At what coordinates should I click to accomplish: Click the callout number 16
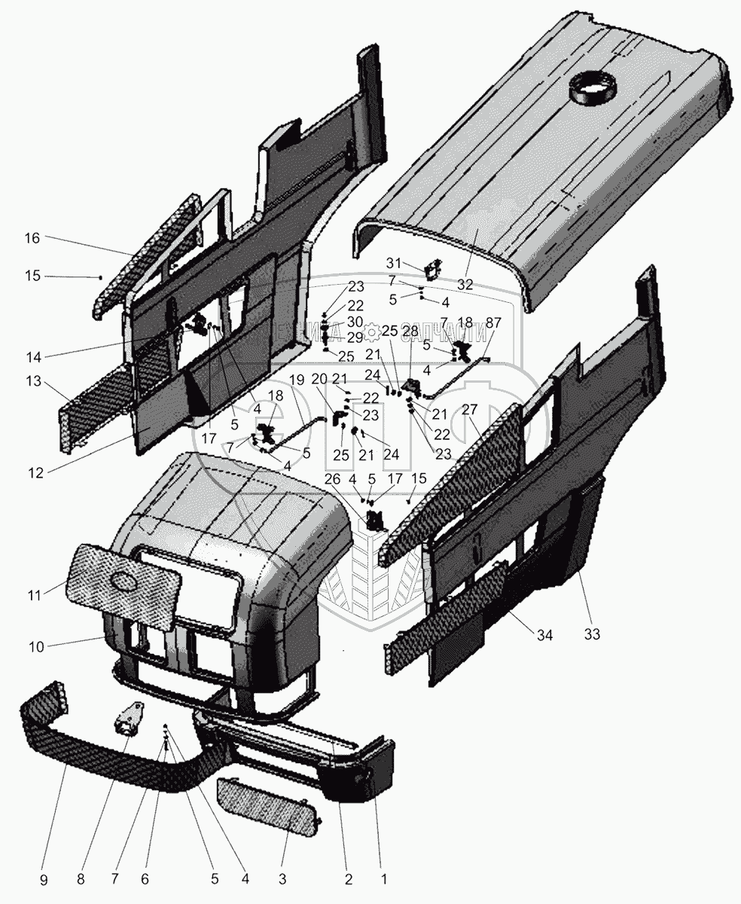point(31,238)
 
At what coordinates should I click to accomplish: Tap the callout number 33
point(592,634)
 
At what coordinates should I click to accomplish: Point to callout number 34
point(544,636)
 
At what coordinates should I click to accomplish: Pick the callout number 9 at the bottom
point(43,878)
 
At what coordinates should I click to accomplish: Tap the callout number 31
point(393,262)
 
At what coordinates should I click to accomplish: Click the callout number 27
point(470,409)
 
